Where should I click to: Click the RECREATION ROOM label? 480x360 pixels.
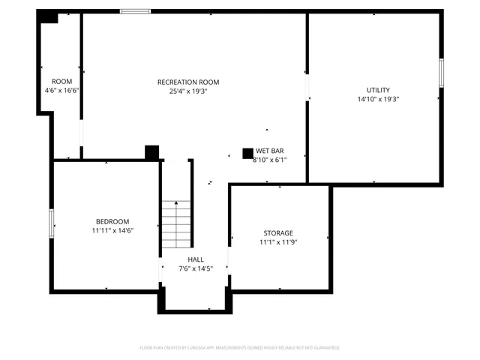coord(188,82)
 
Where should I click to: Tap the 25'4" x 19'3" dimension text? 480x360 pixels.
coord(188,91)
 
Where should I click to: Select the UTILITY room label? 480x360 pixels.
coord(378,90)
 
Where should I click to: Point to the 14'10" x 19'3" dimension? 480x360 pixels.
coord(378,99)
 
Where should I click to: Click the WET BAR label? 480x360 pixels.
coord(270,151)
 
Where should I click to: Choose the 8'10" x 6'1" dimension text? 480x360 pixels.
coord(270,159)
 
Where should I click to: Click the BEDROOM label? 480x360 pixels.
coord(112,221)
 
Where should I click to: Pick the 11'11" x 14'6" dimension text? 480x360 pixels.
coord(112,231)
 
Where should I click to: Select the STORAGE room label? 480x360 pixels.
coord(278,233)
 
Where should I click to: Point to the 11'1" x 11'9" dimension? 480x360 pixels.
coord(278,242)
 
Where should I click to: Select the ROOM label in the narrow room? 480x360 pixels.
coord(61,81)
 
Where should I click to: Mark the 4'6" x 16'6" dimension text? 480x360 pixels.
coord(61,90)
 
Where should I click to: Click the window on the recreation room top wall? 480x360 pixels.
coord(135,11)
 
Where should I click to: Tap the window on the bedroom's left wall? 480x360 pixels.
coord(51,222)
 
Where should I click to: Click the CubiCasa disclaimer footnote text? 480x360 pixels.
coord(240,347)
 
